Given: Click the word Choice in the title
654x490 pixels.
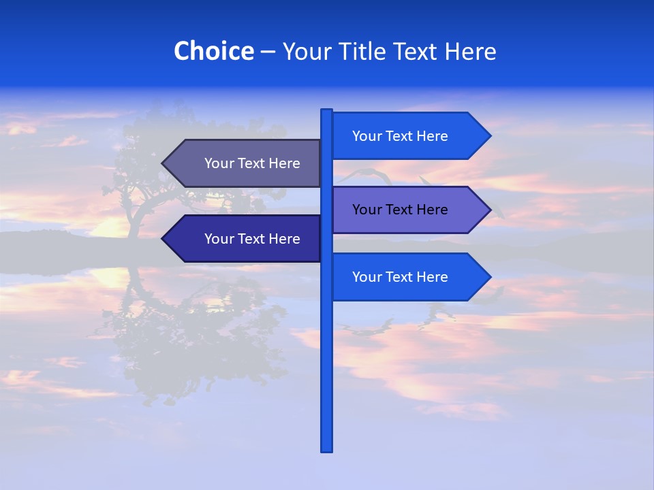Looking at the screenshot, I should point(213,51).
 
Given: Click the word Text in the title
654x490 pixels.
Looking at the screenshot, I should point(416,51).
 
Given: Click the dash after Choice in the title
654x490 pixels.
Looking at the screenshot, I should point(268,52).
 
